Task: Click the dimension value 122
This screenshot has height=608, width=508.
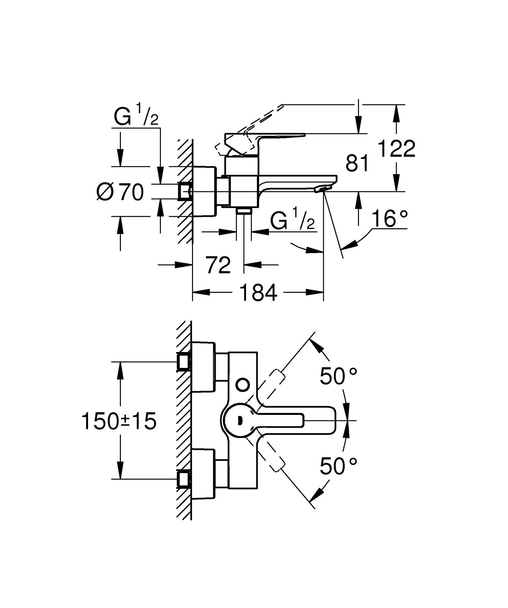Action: (396, 148)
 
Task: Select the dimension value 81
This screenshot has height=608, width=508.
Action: (357, 164)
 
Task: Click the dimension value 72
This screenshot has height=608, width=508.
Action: (218, 265)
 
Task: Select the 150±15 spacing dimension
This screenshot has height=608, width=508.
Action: (119, 421)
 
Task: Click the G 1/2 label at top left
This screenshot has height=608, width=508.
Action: (136, 116)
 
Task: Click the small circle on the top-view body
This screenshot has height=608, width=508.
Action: (243, 384)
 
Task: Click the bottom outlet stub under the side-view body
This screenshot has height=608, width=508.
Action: (244, 211)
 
